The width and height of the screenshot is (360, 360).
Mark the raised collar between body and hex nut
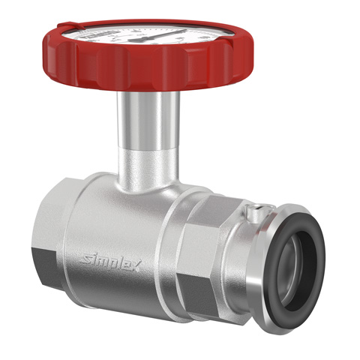click(x=174, y=240)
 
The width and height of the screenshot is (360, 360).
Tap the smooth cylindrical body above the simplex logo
click(x=112, y=217)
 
